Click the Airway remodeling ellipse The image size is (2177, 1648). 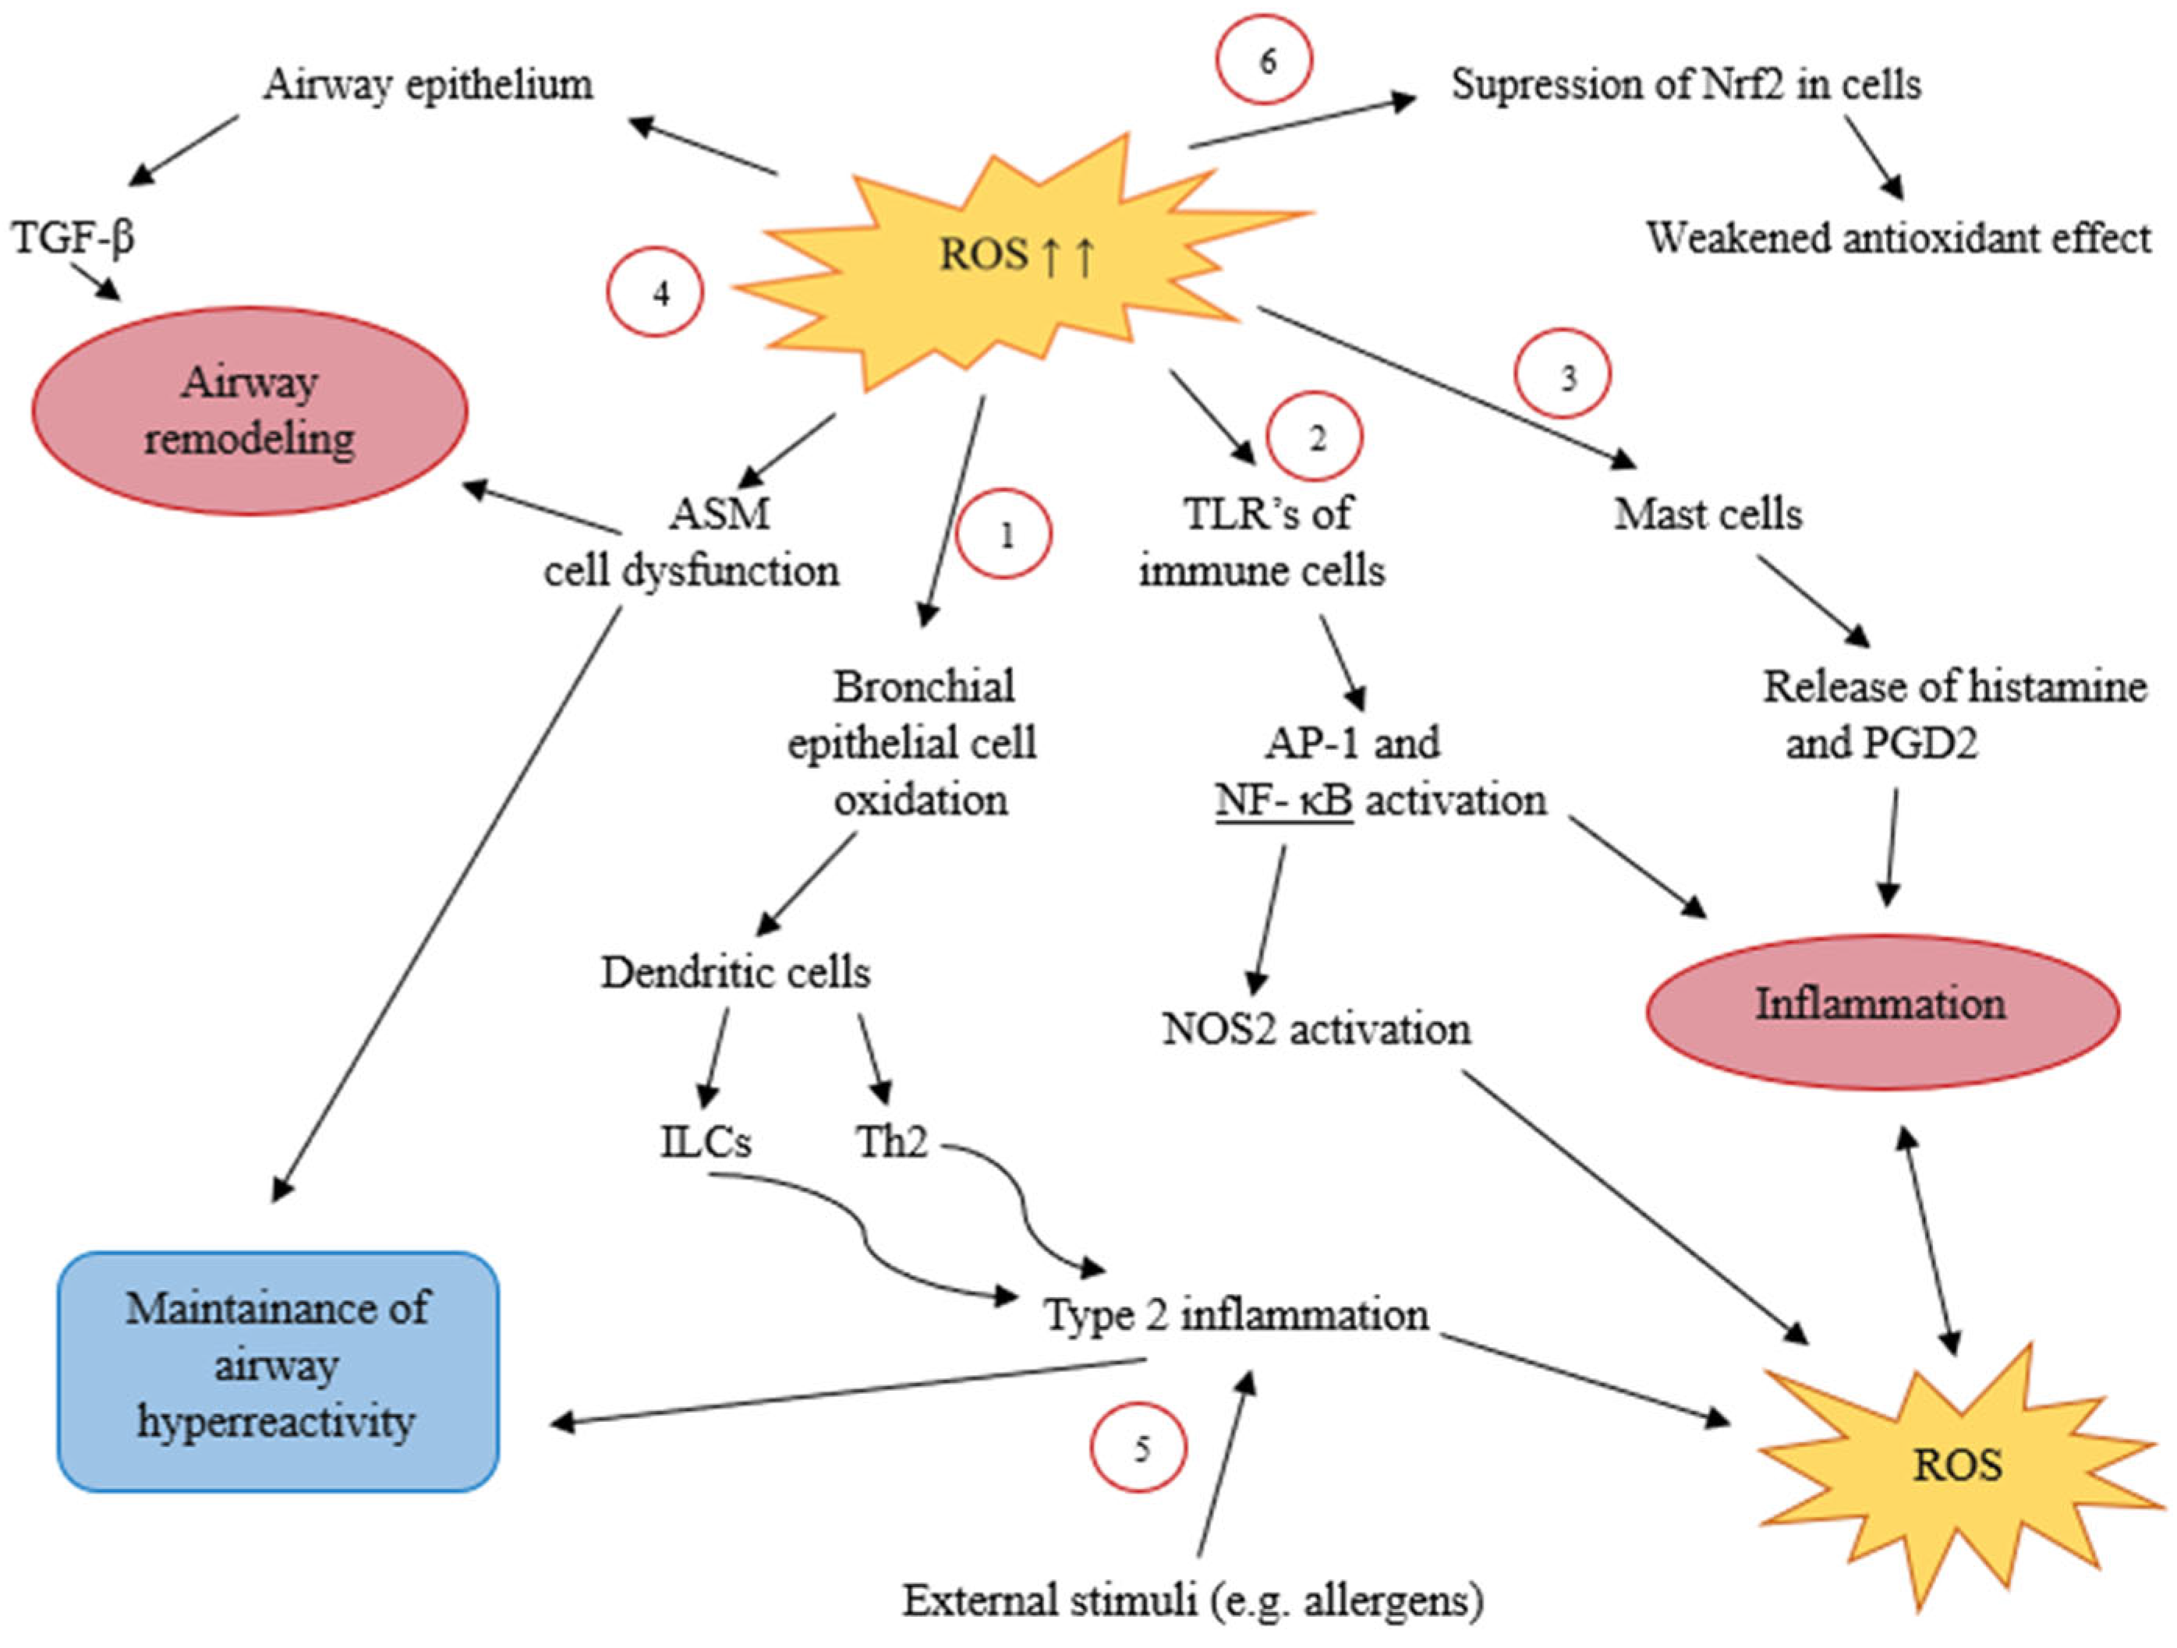pos(250,410)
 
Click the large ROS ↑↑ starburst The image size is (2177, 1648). pos(1018,258)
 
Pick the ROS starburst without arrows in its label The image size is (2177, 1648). pos(1956,1466)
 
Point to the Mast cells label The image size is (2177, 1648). pos(1708,514)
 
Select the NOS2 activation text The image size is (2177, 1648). pos(1317,1029)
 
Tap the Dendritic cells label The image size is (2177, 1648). pos(736,972)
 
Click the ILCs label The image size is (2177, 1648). pos(706,1142)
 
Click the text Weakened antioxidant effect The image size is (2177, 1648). pos(1899,238)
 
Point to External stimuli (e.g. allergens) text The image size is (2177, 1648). pos(1194,1600)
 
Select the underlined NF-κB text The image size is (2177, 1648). pos(1284,800)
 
